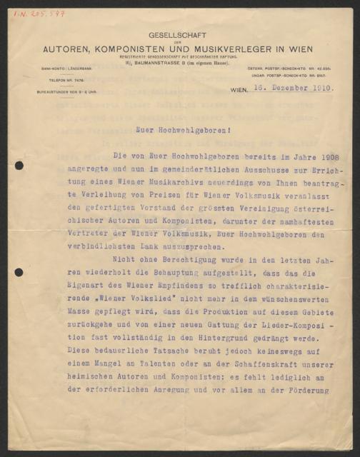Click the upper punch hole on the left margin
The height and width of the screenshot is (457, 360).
19,166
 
